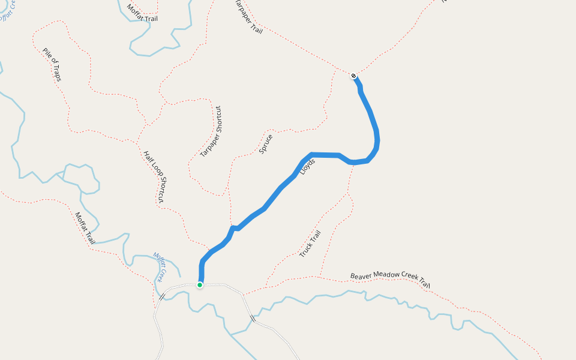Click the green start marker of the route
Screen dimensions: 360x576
coord(200,285)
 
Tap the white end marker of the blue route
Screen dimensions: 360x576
coord(353,76)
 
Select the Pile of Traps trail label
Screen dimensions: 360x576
coord(52,65)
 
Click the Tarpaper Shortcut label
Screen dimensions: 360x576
coord(211,131)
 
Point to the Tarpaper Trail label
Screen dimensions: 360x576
coord(247,17)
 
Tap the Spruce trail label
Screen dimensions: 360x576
coord(266,145)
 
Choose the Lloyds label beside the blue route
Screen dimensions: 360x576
coord(308,167)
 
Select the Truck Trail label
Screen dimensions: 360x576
coord(310,244)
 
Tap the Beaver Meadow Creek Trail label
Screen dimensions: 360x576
coord(391,280)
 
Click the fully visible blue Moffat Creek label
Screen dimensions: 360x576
coord(160,267)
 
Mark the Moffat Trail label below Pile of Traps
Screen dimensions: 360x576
coord(85,228)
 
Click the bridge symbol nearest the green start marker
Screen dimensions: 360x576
coord(161,296)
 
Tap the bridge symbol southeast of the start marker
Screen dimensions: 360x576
coord(253,319)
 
